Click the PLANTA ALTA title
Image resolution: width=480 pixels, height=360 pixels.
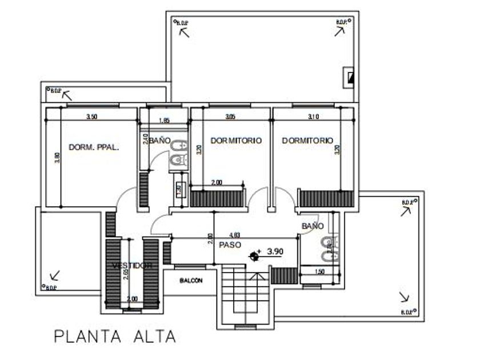[x=114, y=336]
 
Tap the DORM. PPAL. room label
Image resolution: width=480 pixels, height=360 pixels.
[x=94, y=147]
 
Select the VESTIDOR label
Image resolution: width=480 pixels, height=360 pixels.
[x=132, y=266]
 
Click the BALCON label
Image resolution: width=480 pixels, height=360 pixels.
[x=191, y=281]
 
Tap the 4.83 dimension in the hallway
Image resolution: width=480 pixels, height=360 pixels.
[x=234, y=234]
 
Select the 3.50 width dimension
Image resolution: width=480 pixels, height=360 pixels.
[x=91, y=117]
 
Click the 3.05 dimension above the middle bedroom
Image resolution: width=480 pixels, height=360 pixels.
[x=230, y=117]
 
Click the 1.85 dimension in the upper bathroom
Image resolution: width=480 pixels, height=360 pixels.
[x=164, y=121]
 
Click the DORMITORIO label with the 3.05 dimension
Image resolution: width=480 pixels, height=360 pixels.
[x=236, y=140]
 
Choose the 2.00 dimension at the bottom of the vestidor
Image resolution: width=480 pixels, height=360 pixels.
[x=131, y=299]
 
